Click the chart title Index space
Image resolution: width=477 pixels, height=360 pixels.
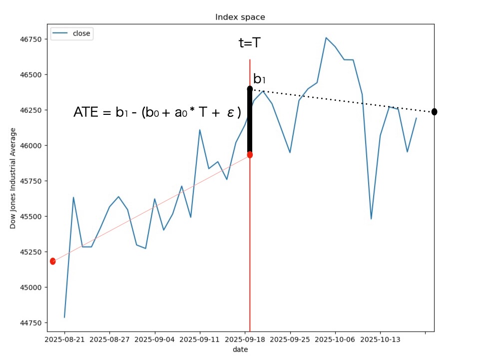tap(240, 17)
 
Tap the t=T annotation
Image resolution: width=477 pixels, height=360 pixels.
tap(249, 43)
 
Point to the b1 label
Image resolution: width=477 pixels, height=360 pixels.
tap(260, 79)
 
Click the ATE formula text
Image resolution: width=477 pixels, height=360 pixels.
tap(157, 113)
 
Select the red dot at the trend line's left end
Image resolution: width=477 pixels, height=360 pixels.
tap(52, 261)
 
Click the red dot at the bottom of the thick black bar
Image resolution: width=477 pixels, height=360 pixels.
tap(250, 155)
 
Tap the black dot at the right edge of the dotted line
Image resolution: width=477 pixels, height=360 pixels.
tap(434, 112)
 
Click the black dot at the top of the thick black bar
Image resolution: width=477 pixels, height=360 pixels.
tap(250, 89)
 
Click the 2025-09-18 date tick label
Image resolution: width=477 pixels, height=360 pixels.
tap(245, 340)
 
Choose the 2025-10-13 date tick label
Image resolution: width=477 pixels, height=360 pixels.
tap(380, 340)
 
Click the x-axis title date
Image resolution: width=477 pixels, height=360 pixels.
tap(240, 350)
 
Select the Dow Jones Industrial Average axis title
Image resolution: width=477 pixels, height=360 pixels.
tap(13, 178)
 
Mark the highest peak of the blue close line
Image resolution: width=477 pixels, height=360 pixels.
tap(326, 37)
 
